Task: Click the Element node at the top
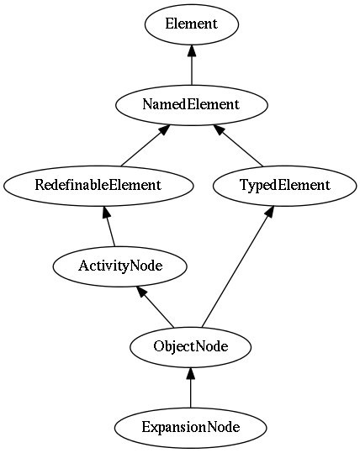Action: [192, 24]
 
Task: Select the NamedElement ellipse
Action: [192, 105]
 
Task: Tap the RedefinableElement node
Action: [98, 186]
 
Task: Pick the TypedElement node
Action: [285, 186]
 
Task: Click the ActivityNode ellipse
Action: [119, 266]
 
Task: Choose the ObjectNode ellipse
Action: [191, 346]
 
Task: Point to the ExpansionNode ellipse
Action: [191, 428]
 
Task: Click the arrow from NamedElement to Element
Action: [192, 65]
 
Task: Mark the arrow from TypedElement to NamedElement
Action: [238, 145]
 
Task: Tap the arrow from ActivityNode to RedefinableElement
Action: [109, 226]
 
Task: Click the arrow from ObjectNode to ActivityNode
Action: [156, 307]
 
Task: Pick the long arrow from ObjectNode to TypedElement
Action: [238, 266]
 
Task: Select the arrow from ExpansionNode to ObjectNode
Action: [191, 387]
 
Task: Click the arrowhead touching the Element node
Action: [192, 50]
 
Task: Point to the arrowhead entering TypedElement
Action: [270, 212]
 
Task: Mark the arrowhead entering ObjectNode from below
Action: [191, 373]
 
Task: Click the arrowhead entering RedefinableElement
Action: [106, 212]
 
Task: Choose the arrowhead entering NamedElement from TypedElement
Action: [219, 129]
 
